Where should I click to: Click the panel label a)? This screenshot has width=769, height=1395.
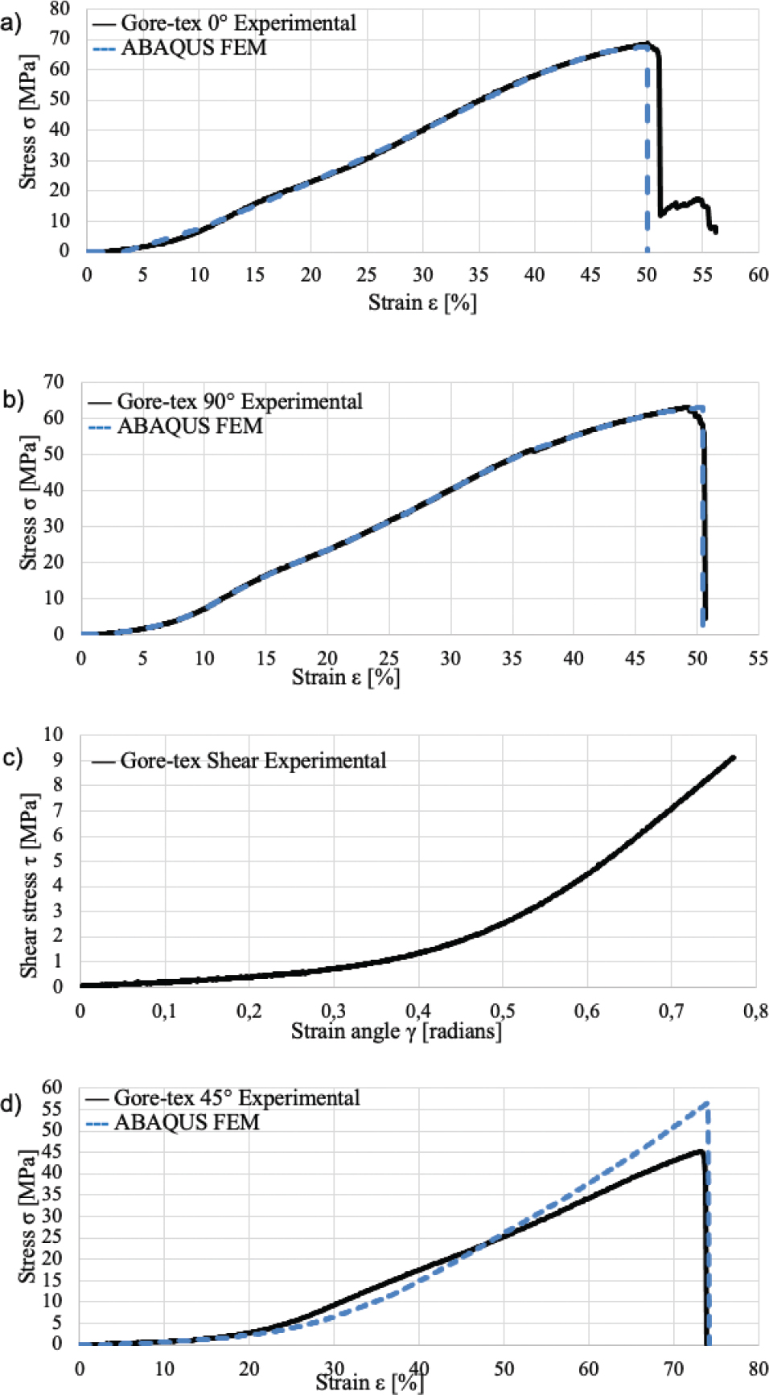click(x=10, y=23)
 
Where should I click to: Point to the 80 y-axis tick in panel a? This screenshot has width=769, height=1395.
click(x=60, y=9)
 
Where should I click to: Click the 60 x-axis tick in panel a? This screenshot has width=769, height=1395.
click(x=758, y=275)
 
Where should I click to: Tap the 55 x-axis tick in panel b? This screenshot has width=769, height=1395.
click(x=758, y=658)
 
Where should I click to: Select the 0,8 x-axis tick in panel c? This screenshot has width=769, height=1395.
click(x=755, y=1011)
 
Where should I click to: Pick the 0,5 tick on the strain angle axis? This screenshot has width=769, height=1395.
click(x=502, y=1011)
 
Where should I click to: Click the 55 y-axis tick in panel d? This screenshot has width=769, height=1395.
click(x=52, y=1109)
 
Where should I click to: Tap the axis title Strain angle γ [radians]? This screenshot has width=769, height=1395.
click(x=396, y=1031)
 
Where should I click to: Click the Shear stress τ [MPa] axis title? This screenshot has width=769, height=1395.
click(x=29, y=885)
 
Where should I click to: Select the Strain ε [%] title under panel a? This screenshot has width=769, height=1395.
click(x=422, y=302)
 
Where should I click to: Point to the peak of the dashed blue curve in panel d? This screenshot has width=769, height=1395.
click(x=706, y=1103)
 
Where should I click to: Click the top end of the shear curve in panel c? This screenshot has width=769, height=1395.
click(x=733, y=757)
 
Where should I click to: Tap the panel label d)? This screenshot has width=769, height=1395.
click(x=10, y=1104)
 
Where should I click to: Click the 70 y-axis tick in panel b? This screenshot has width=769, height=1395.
click(x=54, y=381)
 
